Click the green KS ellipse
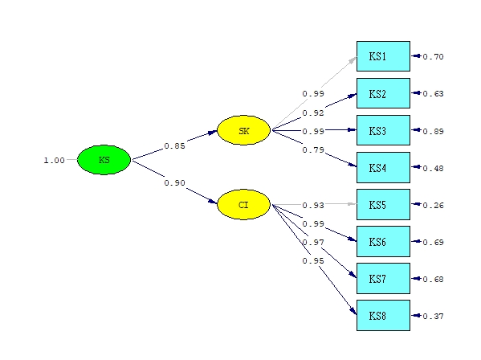(104, 160)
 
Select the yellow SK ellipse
(243, 130)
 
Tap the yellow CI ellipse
(243, 205)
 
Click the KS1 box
(383, 56)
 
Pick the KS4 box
(383, 167)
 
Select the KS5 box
(383, 204)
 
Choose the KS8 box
(383, 315)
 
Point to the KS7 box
(383, 278)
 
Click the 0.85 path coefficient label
(174, 145)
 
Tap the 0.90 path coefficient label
(174, 182)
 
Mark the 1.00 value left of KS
(54, 160)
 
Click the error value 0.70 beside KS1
(433, 57)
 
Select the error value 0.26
(433, 205)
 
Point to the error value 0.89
(433, 131)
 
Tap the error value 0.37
(433, 316)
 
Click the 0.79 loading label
(313, 149)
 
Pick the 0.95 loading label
(313, 260)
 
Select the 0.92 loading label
(313, 112)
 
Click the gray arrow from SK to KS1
(315, 92)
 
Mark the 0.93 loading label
(313, 206)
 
